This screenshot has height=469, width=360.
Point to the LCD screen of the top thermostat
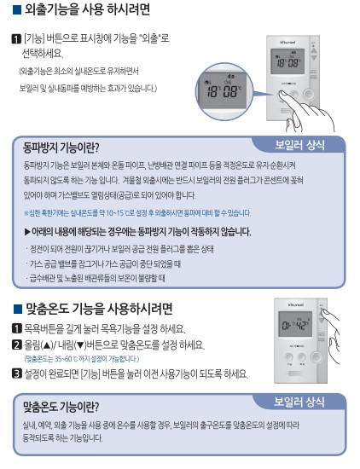[290, 61]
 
